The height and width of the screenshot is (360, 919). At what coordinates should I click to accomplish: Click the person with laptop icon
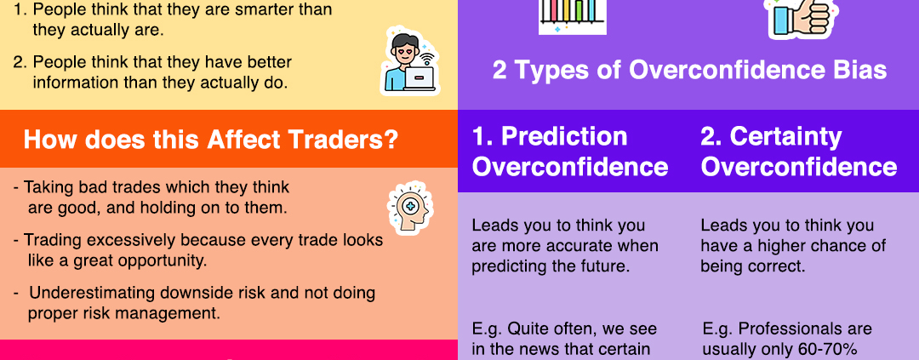[409, 60]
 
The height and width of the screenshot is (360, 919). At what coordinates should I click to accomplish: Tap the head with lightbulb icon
[410, 208]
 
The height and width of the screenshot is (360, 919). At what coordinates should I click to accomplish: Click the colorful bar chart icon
[573, 16]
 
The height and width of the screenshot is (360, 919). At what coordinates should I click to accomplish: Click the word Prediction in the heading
[564, 137]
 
